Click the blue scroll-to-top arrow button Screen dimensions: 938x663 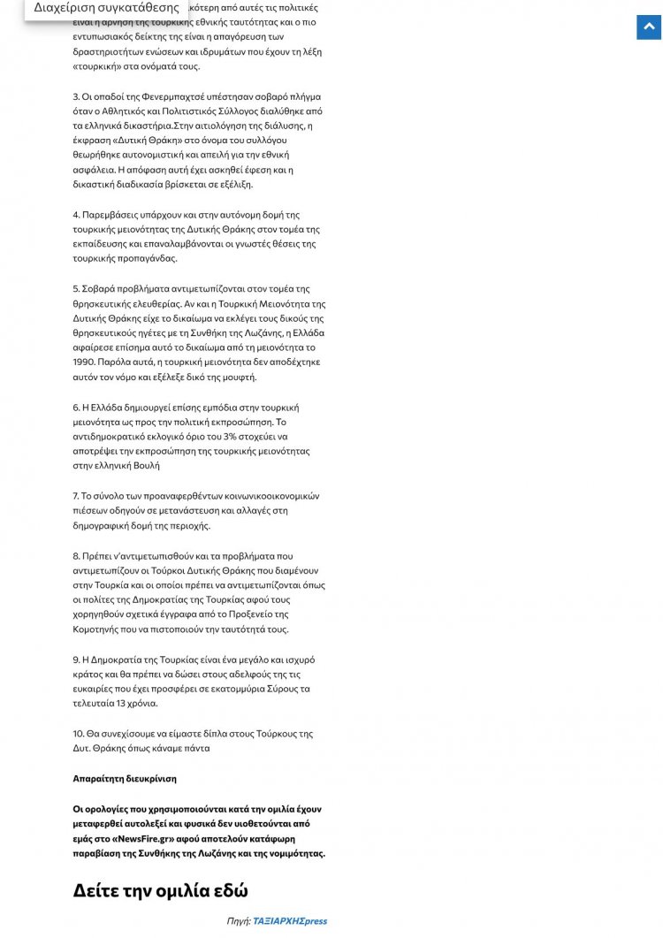(649, 27)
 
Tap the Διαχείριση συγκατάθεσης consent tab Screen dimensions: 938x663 (106, 8)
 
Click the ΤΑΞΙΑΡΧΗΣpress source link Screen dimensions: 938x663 (290, 920)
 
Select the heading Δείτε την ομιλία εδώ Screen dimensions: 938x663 (160, 889)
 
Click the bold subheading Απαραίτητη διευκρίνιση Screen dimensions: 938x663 (125, 778)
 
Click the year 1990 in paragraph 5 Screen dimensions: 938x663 (85, 362)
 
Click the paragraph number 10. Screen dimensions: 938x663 (79, 733)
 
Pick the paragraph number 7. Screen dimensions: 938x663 (76, 496)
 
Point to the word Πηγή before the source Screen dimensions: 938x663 (238, 920)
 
